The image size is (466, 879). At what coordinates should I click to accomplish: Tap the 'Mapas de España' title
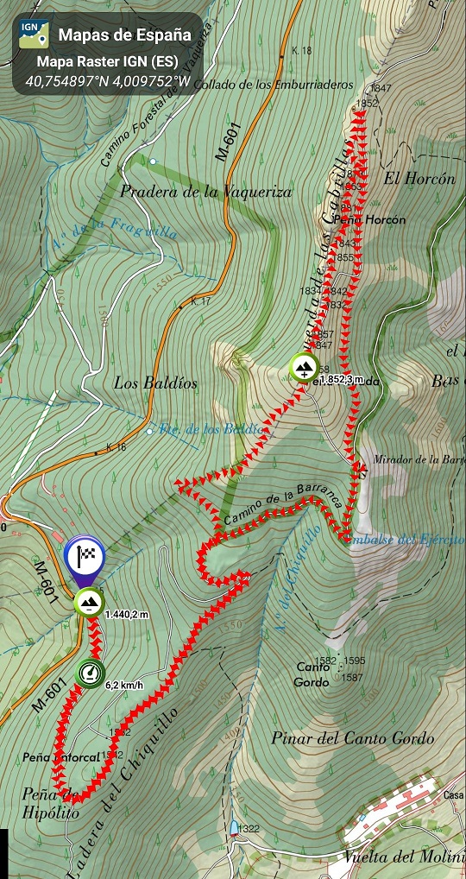pyautogui.click(x=124, y=35)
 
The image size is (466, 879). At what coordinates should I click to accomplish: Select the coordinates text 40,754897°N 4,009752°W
pyautogui.click(x=108, y=81)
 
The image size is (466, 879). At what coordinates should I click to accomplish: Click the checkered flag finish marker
pyautogui.click(x=85, y=554)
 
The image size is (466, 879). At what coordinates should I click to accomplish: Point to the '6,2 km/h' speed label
pyautogui.click(x=124, y=686)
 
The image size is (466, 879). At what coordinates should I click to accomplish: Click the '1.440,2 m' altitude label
pyautogui.click(x=127, y=614)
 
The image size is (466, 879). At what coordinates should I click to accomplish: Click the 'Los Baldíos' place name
pyautogui.click(x=155, y=383)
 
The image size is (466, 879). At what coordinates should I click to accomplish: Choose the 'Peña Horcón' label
pyautogui.click(x=374, y=220)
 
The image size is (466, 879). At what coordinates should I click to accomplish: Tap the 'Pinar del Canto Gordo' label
pyautogui.click(x=352, y=738)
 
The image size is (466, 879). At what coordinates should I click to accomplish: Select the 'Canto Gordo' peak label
pyautogui.click(x=313, y=673)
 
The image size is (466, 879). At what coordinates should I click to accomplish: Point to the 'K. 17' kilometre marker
pyautogui.click(x=200, y=301)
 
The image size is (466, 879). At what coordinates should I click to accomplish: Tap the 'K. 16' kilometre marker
pyautogui.click(x=116, y=446)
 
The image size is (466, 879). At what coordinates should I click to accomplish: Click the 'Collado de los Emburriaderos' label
pyautogui.click(x=274, y=85)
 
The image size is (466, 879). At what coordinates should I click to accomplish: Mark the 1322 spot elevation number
pyautogui.click(x=249, y=829)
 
